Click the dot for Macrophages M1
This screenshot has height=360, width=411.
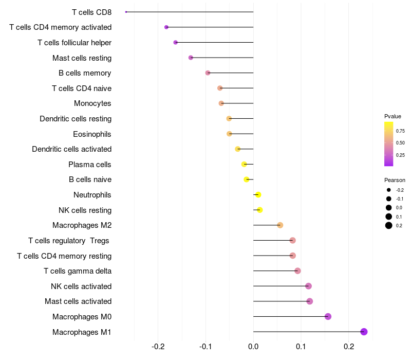364,332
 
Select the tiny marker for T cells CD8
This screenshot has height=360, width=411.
126,12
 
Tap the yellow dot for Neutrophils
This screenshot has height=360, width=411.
258,194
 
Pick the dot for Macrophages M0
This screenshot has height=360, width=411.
328,316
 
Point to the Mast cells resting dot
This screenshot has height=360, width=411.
191,58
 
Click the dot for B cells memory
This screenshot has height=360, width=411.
208,73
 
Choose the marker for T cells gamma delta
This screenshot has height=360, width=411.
297,271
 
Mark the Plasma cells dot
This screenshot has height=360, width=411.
244,164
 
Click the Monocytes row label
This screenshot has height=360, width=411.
92,103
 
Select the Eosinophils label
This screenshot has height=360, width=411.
92,134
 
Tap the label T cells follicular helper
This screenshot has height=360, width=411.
74,42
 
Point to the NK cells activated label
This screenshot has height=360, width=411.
81,286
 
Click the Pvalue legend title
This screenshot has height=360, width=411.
393,116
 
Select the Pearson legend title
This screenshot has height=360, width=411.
395,180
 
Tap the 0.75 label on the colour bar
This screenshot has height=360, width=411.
400,131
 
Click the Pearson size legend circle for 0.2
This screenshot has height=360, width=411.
389,225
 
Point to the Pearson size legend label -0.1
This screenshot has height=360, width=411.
400,199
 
